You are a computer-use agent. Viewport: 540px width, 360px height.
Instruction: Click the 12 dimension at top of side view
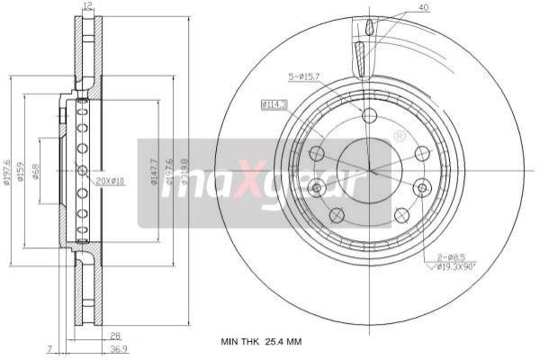[87, 7]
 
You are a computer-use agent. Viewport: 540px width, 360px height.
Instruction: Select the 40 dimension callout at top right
[423, 8]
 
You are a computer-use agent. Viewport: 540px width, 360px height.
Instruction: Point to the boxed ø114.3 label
[274, 104]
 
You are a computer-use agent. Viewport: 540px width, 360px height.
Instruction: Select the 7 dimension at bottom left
[51, 347]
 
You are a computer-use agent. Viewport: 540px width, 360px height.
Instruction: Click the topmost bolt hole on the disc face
[369, 114]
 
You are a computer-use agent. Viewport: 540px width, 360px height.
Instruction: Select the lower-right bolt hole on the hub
[401, 214]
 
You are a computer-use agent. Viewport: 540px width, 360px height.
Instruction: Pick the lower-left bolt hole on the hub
[337, 214]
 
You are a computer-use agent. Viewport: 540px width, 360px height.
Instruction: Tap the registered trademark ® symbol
[400, 136]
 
